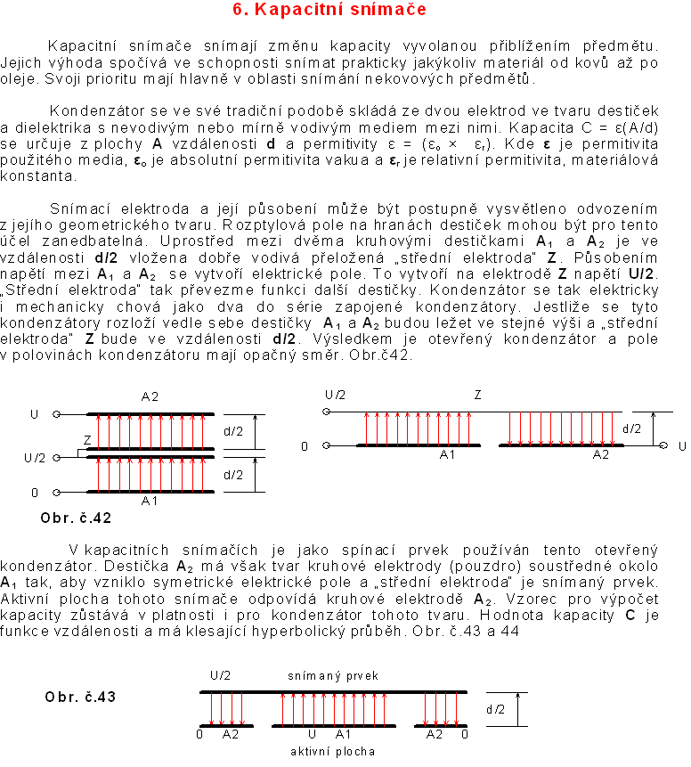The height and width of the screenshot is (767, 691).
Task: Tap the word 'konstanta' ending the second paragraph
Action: point(31,175)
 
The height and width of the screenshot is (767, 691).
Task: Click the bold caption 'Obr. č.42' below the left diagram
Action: point(76,518)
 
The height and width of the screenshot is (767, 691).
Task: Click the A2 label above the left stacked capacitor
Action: point(150,396)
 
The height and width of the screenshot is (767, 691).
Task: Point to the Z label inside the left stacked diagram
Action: point(86,440)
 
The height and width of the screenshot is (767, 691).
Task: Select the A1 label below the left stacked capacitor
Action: point(150,502)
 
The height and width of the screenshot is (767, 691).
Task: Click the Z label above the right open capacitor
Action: point(477,394)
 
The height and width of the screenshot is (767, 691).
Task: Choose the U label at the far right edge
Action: point(682,445)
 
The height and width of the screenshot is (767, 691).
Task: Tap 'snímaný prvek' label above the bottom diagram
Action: point(333,676)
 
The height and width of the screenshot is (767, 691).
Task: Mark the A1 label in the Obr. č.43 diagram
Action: point(343,735)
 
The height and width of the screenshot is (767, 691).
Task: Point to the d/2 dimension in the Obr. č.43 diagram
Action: point(496,709)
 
